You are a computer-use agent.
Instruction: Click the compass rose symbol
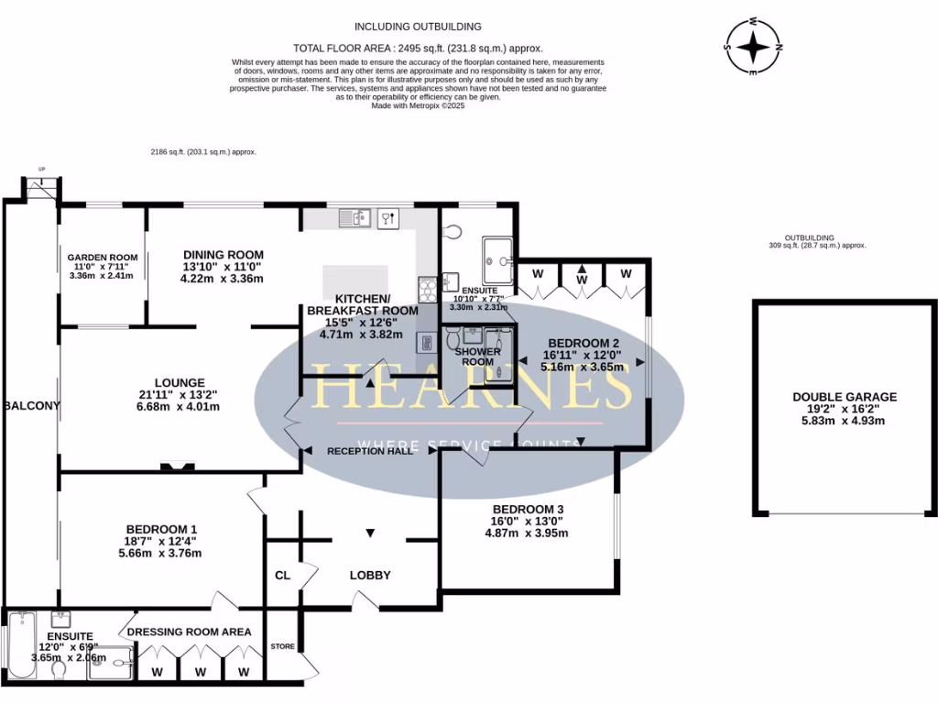(753, 46)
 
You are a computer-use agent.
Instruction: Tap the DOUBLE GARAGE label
(845, 397)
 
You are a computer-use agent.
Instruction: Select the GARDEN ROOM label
(101, 258)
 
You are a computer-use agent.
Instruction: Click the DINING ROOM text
(224, 255)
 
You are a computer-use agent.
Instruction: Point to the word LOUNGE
(180, 382)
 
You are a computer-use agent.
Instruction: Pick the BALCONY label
(31, 406)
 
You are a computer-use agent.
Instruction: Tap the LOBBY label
(370, 576)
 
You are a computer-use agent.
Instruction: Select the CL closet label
(282, 576)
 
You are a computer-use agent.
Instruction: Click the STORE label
(283, 647)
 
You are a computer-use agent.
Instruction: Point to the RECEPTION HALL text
(368, 451)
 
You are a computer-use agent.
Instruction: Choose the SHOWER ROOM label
(477, 357)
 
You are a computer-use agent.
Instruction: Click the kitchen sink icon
(353, 217)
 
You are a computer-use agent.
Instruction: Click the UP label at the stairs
(41, 169)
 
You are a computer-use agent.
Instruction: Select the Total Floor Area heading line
(418, 48)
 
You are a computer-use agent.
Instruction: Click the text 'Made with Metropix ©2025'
(418, 105)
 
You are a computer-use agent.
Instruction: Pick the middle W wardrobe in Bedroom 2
(582, 273)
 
